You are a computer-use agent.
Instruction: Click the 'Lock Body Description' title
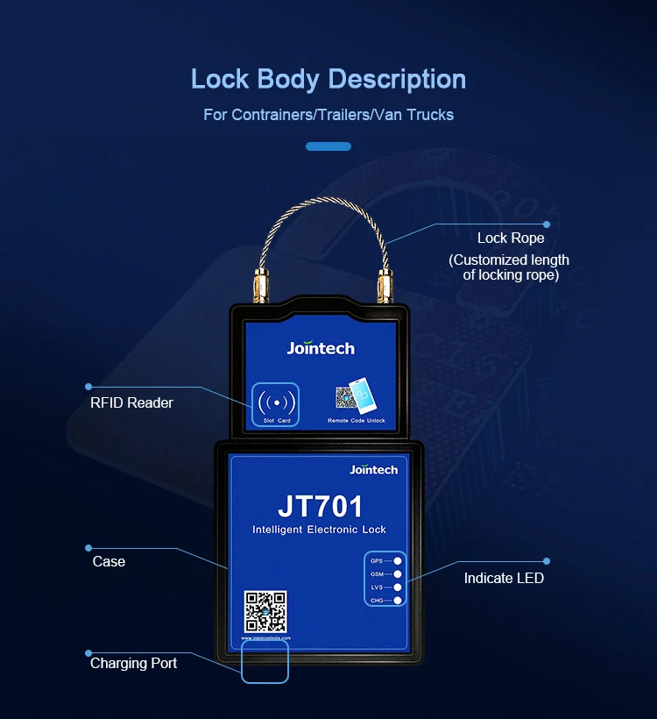click(x=328, y=79)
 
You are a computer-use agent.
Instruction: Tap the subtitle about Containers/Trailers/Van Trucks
click(x=328, y=114)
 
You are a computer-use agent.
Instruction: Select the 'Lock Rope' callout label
click(x=511, y=238)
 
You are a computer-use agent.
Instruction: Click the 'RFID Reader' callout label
click(x=131, y=402)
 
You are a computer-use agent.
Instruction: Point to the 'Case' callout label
click(x=109, y=561)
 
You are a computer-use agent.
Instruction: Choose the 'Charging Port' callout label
click(x=133, y=663)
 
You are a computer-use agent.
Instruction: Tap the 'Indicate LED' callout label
click(x=504, y=578)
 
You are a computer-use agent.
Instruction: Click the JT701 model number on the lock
click(x=320, y=507)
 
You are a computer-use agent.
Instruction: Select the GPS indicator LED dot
click(x=398, y=560)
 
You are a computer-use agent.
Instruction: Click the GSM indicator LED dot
click(x=398, y=573)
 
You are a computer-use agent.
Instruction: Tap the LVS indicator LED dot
click(x=398, y=587)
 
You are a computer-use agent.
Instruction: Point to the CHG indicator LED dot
click(x=398, y=600)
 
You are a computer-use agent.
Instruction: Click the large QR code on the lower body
click(x=265, y=611)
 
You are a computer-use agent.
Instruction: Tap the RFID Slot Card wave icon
click(x=277, y=402)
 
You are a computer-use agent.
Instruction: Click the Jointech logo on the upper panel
click(x=321, y=348)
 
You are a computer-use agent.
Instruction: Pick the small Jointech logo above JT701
click(x=373, y=470)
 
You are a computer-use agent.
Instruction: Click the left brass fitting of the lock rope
click(x=259, y=285)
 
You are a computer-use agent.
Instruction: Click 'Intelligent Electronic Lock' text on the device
click(x=319, y=530)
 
